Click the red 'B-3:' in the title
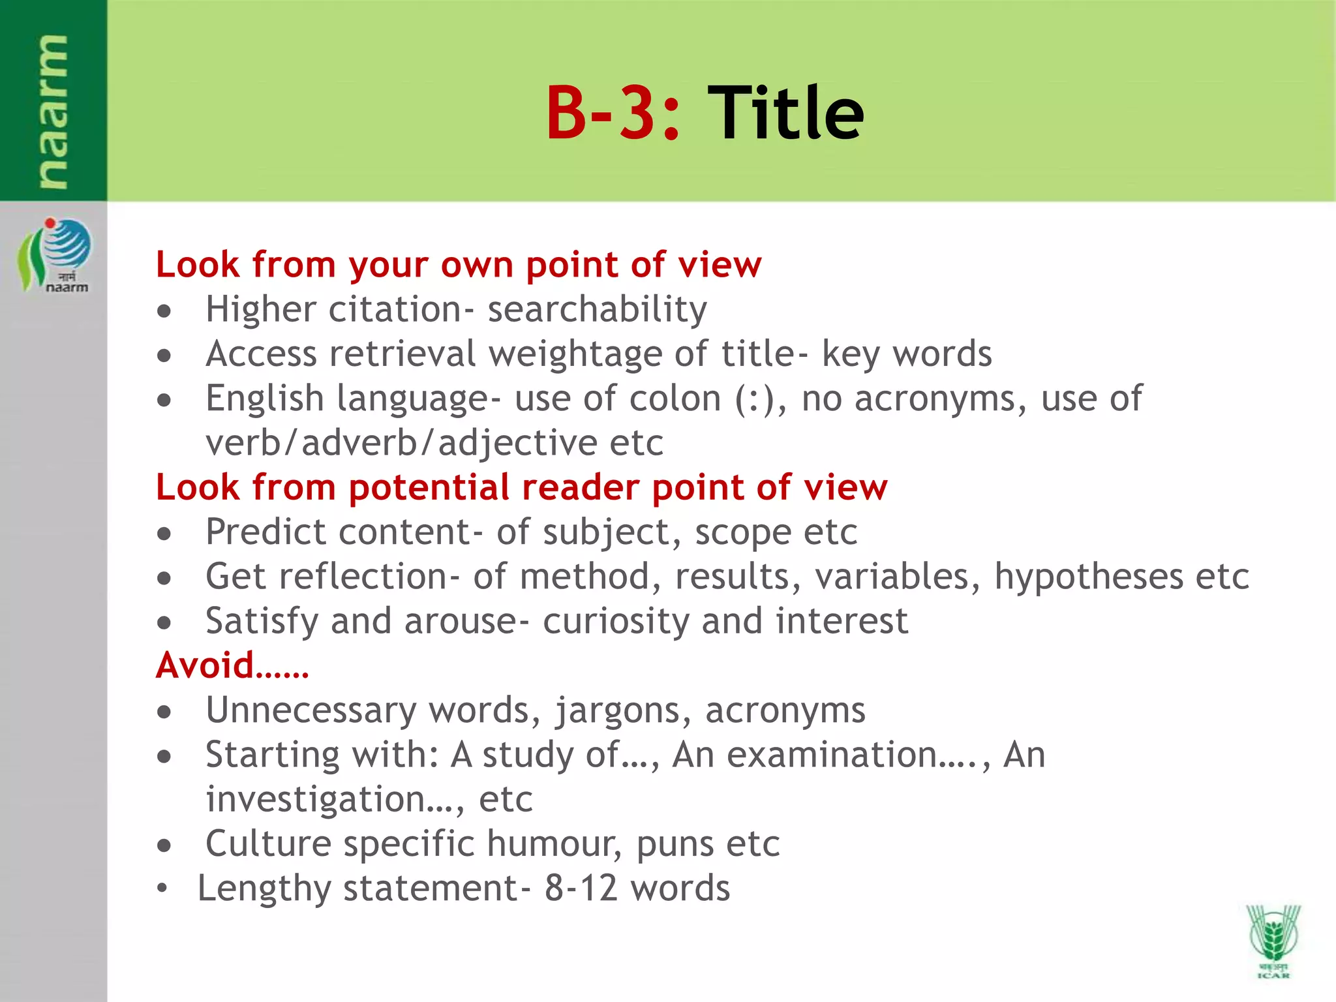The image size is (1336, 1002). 613,114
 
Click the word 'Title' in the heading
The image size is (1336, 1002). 785,114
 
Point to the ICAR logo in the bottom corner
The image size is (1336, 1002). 1273,940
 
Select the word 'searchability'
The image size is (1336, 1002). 597,309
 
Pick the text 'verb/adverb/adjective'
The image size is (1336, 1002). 401,443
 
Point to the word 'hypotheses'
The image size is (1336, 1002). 1088,577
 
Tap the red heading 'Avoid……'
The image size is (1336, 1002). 232,665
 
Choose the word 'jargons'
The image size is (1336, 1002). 617,710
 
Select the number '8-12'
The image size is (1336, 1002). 581,888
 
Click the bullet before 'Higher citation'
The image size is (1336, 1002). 164,312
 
